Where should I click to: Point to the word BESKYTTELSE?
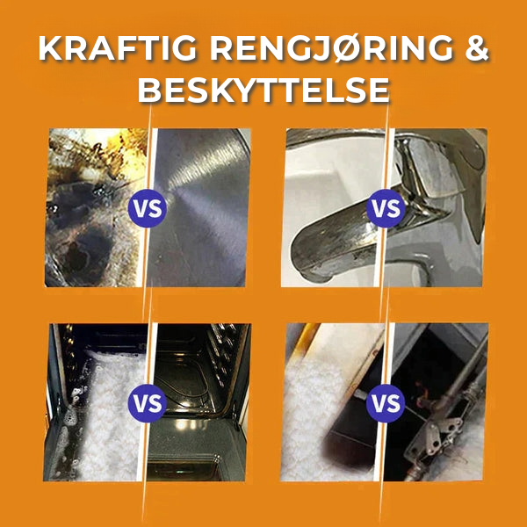(263, 90)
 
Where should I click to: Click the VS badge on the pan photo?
(148, 208)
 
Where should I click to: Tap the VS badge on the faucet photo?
(386, 208)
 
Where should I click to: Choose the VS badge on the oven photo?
(148, 403)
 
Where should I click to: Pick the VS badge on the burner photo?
(386, 403)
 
